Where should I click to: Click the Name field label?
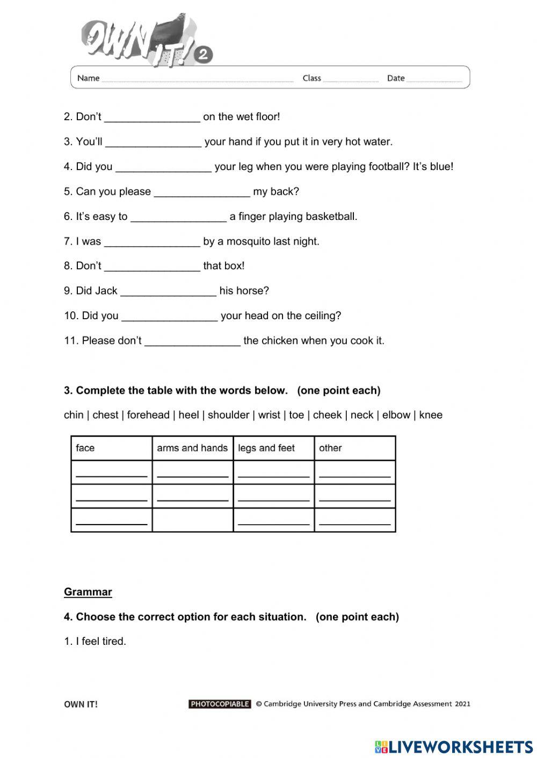88,78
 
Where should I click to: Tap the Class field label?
311,78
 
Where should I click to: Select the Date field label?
396,78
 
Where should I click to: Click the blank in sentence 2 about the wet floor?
152,117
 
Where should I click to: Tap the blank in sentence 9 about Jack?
168,291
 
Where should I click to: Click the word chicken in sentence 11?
279,341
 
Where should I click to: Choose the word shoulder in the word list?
228,415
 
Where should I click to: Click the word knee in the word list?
431,415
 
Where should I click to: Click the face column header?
85,448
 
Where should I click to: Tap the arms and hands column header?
192,448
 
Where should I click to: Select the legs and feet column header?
266,448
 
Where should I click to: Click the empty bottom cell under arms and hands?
192,520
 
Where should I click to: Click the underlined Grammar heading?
88,592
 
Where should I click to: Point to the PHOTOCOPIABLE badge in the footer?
220,704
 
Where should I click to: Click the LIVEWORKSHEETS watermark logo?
454,746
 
